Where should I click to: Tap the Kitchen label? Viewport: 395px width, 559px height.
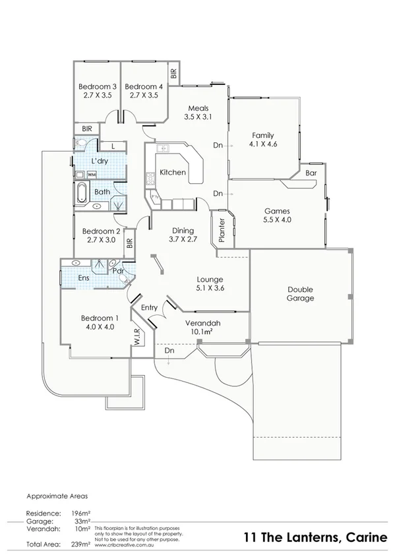click(173, 172)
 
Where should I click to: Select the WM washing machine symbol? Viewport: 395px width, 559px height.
click(92, 174)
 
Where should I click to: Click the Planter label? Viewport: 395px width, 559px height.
click(222, 231)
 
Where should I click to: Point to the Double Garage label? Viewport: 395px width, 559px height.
click(300, 294)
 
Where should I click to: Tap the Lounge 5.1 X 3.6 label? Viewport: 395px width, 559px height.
click(210, 283)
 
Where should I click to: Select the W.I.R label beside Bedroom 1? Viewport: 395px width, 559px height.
click(138, 338)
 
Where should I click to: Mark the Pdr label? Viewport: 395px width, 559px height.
click(118, 271)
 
